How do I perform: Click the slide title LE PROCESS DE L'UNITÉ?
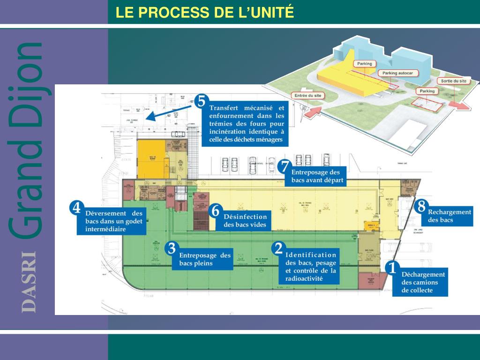pyautogui.click(x=205, y=12)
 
